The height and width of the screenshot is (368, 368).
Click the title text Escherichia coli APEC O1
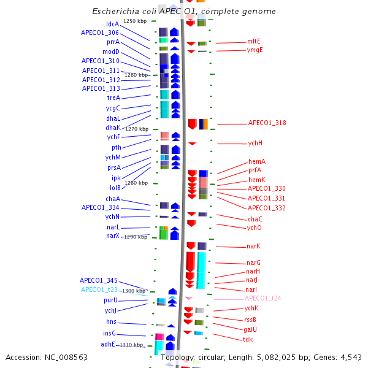[x=183, y=12]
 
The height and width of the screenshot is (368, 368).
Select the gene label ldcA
[x=112, y=25]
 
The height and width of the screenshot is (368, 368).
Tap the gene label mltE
[x=253, y=41]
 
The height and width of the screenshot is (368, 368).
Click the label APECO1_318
[x=267, y=123]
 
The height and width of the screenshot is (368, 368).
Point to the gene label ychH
[x=255, y=144]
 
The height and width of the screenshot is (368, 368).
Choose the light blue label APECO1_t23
[x=100, y=289]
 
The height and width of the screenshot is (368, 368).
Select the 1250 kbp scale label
[x=135, y=21]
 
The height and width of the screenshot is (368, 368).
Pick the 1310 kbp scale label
[x=131, y=345]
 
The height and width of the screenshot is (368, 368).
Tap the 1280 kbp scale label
[x=136, y=183]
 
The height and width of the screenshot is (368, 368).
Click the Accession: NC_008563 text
[x=38, y=357]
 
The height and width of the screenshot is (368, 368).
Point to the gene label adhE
[x=108, y=344]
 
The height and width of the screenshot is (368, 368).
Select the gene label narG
[x=253, y=263]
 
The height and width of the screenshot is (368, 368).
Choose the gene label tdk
[x=248, y=339]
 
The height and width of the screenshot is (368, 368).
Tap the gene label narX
[x=113, y=236]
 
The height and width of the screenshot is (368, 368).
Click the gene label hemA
[x=257, y=161]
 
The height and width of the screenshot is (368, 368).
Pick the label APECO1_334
[x=100, y=208]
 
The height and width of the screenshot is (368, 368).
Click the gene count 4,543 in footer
[x=349, y=357]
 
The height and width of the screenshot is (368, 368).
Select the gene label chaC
[x=255, y=219]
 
